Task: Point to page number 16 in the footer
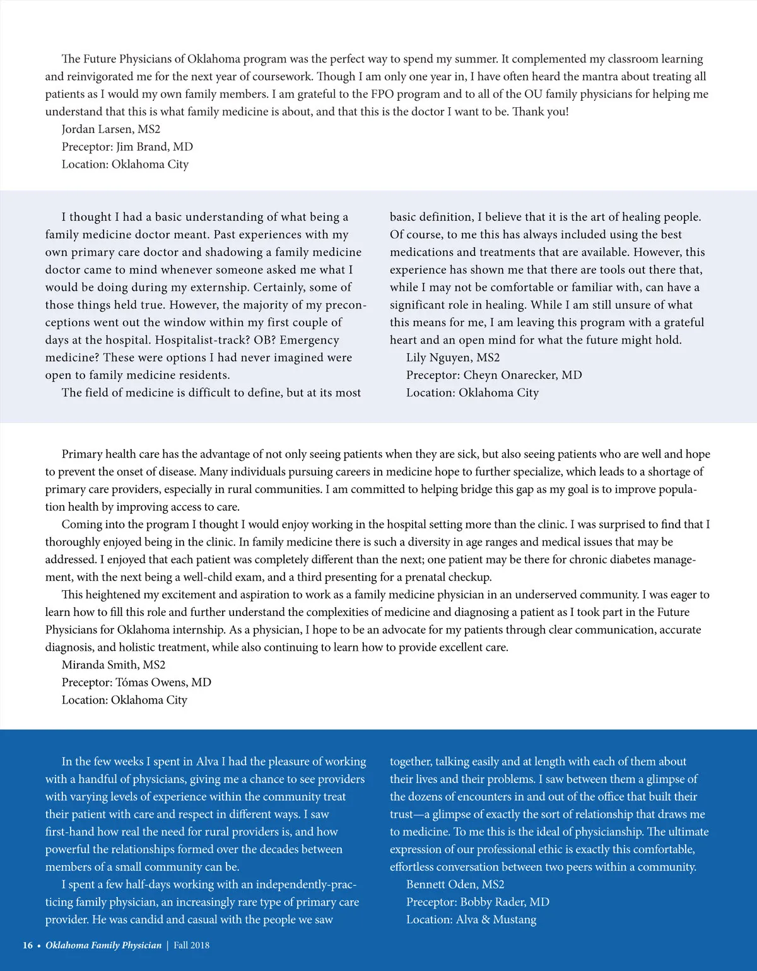coord(28,945)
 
